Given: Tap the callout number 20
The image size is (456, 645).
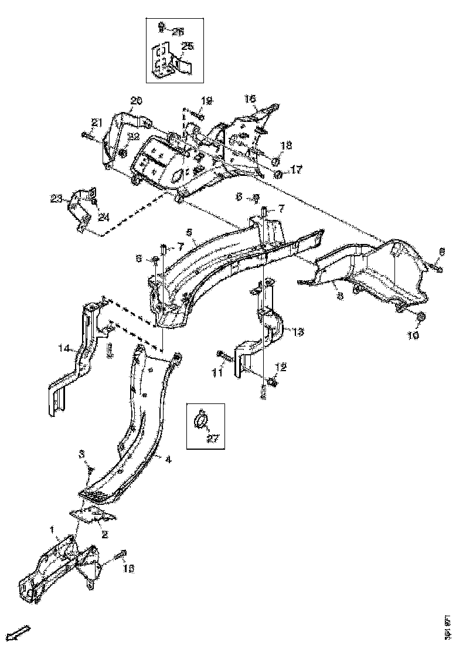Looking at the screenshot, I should click(x=136, y=101).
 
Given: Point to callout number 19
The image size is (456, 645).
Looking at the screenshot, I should click(x=206, y=100).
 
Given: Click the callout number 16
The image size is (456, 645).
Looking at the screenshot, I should click(x=250, y=100).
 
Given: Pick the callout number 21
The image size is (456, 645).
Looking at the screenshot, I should click(x=97, y=122).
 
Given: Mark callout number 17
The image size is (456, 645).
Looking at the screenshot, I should click(x=296, y=169).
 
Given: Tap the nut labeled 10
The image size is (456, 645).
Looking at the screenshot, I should click(x=420, y=318).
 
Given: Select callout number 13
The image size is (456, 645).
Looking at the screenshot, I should click(x=298, y=332).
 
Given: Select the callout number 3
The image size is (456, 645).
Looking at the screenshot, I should click(x=83, y=454).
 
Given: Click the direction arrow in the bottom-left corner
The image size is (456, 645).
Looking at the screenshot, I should click(x=21, y=632).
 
